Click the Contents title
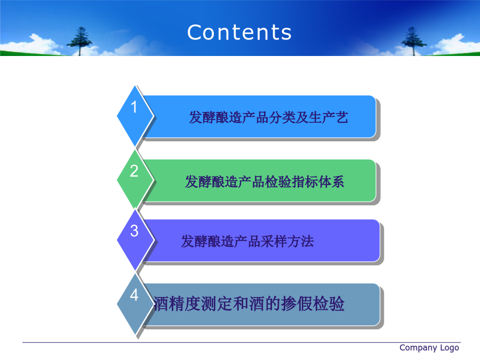pyautogui.click(x=239, y=32)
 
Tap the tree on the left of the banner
pyautogui.click(x=79, y=41)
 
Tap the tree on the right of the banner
pyautogui.click(x=413, y=41)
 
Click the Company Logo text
pyautogui.click(x=429, y=348)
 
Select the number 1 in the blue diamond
pyautogui.click(x=134, y=107)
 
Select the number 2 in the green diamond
pyautogui.click(x=134, y=171)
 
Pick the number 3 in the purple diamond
pyautogui.click(x=134, y=231)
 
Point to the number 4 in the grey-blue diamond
pyautogui.click(x=134, y=295)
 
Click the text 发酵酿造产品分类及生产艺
pyautogui.click(x=268, y=117)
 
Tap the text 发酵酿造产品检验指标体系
pyautogui.click(x=265, y=181)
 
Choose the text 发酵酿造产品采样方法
pyautogui.click(x=247, y=241)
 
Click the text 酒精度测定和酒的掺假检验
pyautogui.click(x=249, y=303)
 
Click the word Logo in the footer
pyautogui.click(x=450, y=348)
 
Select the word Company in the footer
pyautogui.click(x=418, y=348)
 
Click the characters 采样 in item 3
pyautogui.click(x=274, y=241)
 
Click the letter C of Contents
pyautogui.click(x=195, y=32)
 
